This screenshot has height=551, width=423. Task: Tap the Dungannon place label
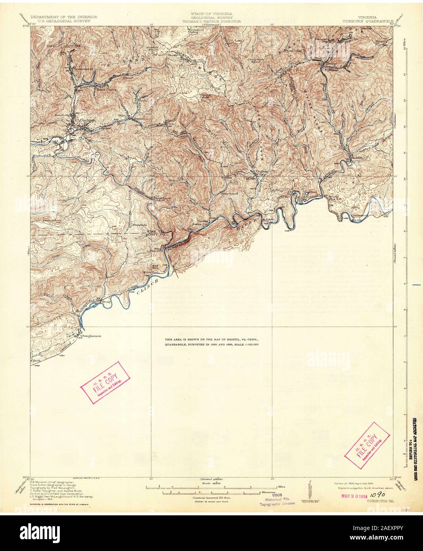pos(91,336)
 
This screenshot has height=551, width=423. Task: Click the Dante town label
pos(330,63)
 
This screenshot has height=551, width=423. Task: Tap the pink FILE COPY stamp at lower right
pos(368,441)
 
